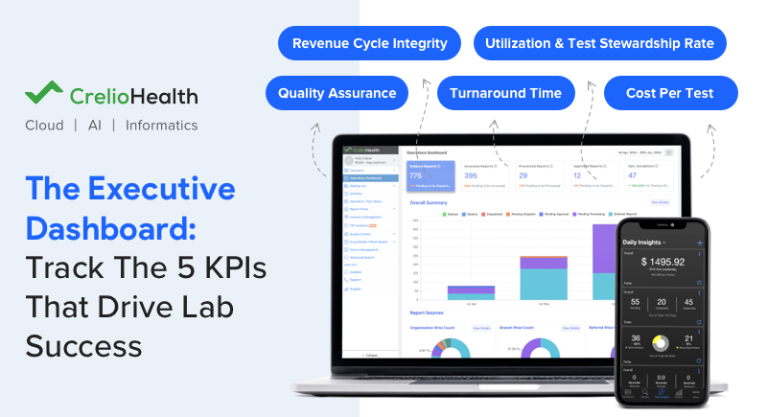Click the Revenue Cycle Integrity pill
[x=369, y=43]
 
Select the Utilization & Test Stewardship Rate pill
[x=599, y=43]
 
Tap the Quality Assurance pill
[x=337, y=93]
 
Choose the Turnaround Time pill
[x=505, y=93]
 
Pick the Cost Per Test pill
[x=671, y=93]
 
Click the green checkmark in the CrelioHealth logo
[x=43, y=95]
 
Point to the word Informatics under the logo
[x=162, y=126]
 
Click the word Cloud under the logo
[x=45, y=126]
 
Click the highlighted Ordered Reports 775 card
[x=429, y=174]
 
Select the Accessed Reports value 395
[x=471, y=175]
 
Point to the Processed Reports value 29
[x=523, y=175]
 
